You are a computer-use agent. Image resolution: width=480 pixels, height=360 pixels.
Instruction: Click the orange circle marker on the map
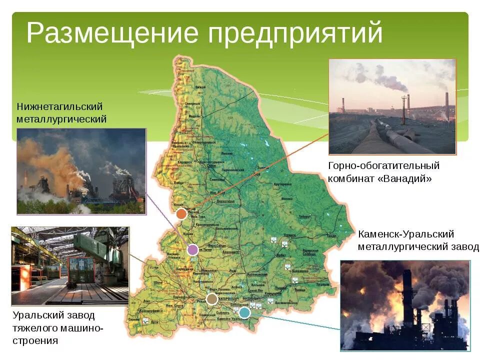click(181, 214)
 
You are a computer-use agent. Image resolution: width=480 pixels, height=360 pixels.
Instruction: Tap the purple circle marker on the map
click(192, 249)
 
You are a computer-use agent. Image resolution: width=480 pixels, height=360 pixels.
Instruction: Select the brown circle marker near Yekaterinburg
click(212, 299)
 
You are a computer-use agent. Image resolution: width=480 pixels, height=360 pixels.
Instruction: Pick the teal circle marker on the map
click(244, 312)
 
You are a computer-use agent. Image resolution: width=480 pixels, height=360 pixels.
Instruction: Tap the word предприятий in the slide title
click(295, 34)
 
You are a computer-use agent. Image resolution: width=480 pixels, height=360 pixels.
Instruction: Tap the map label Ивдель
click(194, 116)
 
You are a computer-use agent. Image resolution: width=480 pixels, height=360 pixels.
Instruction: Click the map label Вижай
click(200, 87)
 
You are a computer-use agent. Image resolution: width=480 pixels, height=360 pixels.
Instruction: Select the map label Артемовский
click(256, 274)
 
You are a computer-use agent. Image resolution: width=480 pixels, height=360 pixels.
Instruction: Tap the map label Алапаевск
click(231, 252)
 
